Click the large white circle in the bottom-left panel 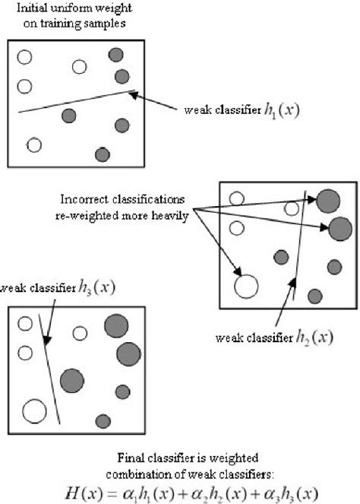click(33, 411)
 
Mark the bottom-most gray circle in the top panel click(102, 154)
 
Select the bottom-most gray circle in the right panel click(314, 295)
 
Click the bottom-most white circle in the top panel click(33, 144)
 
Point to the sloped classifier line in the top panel click(76, 103)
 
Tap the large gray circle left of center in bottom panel click(71, 379)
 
